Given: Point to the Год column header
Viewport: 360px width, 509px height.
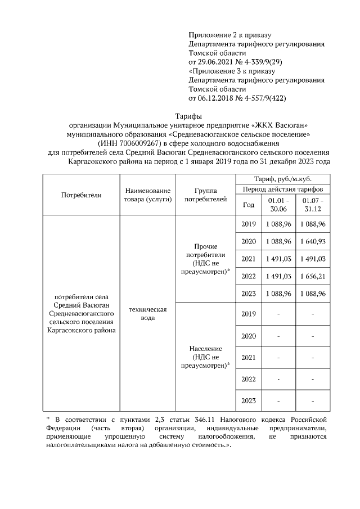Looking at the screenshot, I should [248, 205].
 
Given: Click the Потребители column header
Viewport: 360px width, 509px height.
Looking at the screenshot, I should [81, 195].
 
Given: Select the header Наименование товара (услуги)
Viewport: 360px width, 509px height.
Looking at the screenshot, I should [147, 195].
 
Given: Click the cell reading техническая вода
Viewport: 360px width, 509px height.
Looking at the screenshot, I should [147, 314].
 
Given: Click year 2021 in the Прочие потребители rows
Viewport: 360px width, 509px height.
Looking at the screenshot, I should [248, 259].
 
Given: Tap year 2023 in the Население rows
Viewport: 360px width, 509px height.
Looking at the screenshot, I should [248, 400].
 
